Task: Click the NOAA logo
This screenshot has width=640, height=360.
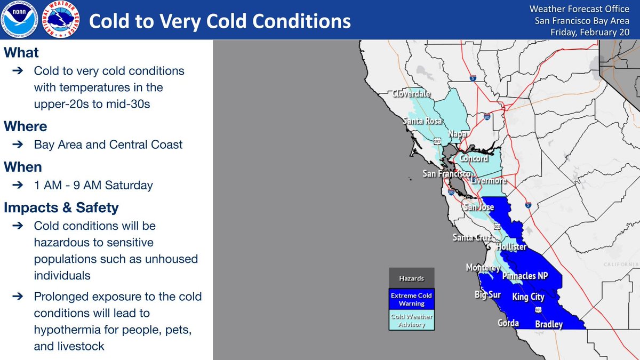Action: click(x=19, y=19)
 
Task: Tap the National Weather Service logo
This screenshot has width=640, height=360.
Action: click(x=61, y=19)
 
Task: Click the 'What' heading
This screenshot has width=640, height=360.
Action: click(x=21, y=53)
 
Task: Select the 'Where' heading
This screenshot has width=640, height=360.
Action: click(x=26, y=126)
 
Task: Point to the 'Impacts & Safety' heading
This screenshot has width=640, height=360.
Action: click(x=61, y=207)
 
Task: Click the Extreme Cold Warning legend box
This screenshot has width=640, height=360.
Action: click(x=411, y=299)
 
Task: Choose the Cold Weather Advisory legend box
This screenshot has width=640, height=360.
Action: click(x=411, y=320)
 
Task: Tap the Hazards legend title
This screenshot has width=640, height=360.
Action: click(x=411, y=278)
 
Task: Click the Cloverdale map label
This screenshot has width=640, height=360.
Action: click(x=411, y=93)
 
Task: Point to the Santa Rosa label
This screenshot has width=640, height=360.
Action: click(x=422, y=121)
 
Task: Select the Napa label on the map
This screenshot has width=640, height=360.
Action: click(x=457, y=134)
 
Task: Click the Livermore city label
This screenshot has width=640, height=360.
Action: click(x=489, y=180)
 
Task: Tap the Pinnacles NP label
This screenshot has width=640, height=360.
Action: click(x=525, y=275)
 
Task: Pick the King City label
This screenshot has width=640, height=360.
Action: click(x=529, y=297)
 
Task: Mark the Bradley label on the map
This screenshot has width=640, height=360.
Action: click(x=549, y=324)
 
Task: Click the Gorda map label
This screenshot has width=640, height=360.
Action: click(x=508, y=323)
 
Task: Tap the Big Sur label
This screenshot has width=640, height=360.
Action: click(x=487, y=294)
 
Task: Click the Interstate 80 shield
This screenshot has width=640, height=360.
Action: click(x=487, y=117)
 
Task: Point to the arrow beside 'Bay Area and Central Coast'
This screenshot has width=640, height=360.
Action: click(x=18, y=145)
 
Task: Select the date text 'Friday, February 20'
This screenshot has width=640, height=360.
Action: click(x=590, y=32)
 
